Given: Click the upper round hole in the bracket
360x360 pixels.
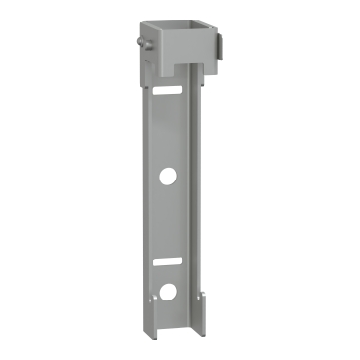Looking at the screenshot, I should pyautogui.click(x=168, y=177).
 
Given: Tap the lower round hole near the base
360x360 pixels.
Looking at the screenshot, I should pyautogui.click(x=168, y=291).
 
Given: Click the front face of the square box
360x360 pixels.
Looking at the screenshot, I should pyautogui.click(x=180, y=57).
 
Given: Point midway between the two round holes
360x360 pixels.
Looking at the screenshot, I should pyautogui.click(x=168, y=234).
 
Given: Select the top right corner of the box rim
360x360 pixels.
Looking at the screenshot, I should pyautogui.click(x=219, y=26).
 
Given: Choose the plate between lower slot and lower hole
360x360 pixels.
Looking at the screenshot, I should pyautogui.click(x=169, y=276).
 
